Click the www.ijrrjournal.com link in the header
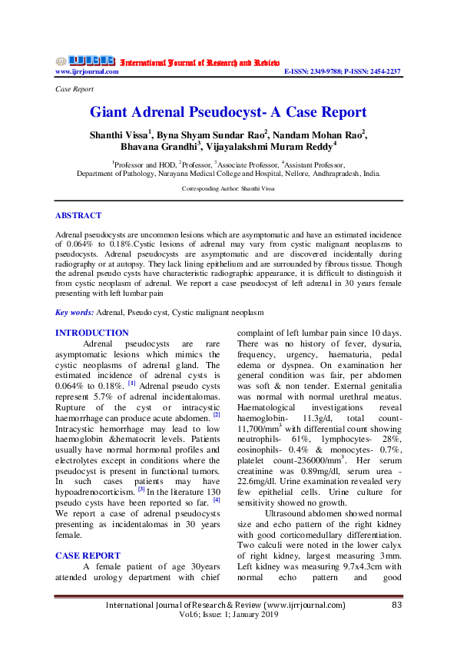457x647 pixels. [87, 71]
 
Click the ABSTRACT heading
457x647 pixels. [78, 216]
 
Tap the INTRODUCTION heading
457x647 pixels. [92, 333]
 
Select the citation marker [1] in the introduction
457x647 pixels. [131, 382]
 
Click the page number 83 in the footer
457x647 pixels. [397, 606]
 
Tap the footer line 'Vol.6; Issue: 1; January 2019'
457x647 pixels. [228, 616]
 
